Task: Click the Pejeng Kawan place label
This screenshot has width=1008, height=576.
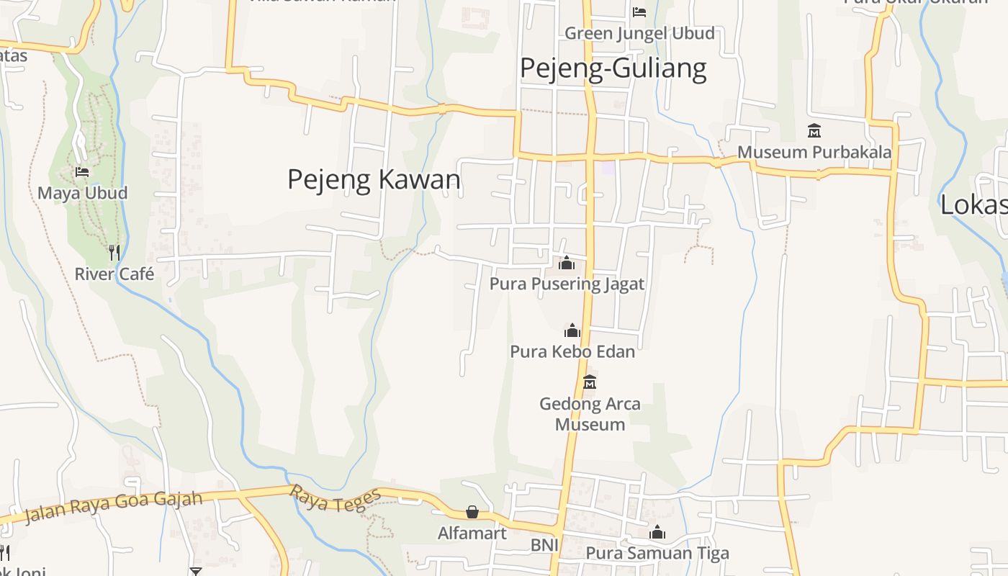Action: pos(374,179)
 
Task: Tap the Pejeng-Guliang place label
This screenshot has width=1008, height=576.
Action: pos(613,68)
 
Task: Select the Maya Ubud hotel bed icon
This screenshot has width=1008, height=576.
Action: pos(82,172)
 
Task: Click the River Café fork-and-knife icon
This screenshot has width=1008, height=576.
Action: pos(114,252)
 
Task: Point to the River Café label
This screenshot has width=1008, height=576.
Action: pos(114,274)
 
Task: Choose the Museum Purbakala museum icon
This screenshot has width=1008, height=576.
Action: pos(814,131)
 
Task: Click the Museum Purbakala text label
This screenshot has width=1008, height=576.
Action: pos(814,153)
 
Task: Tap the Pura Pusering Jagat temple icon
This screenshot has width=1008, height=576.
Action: pos(567,263)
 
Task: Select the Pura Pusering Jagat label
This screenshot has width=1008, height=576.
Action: pos(567,284)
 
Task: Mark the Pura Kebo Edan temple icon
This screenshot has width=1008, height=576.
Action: pos(572,330)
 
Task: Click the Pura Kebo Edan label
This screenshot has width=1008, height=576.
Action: pos(572,352)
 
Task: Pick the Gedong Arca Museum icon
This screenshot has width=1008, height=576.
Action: pos(590,382)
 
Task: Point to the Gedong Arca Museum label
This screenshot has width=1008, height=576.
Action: pos(590,414)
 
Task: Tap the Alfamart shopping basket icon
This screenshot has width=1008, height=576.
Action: pos(472,512)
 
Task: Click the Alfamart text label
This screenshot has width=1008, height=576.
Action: pos(472,534)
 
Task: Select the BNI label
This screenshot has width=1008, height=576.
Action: pos(544,546)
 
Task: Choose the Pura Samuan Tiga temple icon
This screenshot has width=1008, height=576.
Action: pos(657,533)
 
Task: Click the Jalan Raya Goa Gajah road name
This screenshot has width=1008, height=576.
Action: pos(113,507)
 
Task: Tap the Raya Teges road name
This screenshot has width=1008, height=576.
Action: pos(335,500)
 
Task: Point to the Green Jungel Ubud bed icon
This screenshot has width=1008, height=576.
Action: pos(639,12)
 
